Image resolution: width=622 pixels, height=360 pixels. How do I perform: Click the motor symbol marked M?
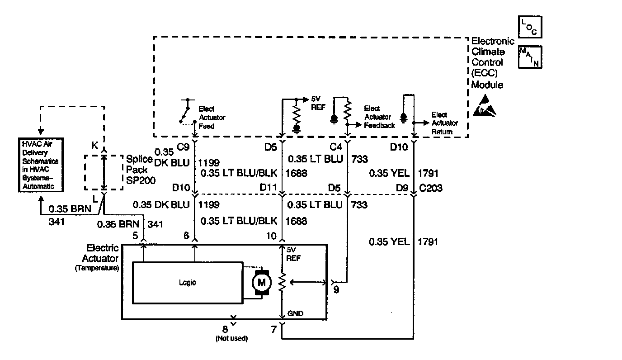tap(261, 283)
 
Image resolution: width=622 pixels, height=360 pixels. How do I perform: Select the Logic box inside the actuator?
tap(187, 283)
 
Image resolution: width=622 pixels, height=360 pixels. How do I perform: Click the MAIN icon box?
tap(530, 57)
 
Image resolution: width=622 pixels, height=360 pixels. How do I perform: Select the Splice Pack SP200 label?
tap(141, 169)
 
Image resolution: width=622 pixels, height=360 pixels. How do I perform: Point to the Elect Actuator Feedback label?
tap(379, 117)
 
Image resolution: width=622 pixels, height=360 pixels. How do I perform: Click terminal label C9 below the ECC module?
tap(183, 147)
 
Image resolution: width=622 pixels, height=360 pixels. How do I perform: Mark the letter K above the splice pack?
tap(95, 146)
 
